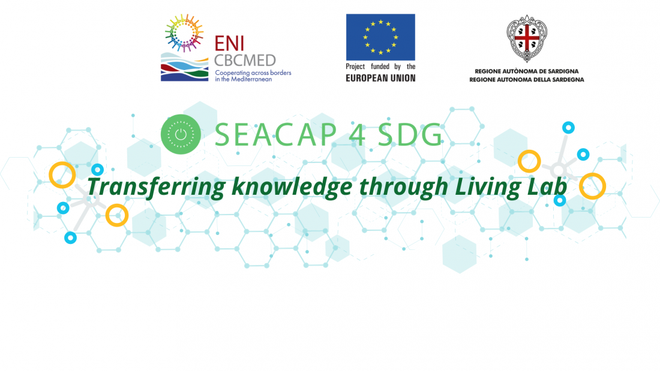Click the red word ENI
click(229, 43)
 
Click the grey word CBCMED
click(245, 61)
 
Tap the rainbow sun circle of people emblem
click(184, 32)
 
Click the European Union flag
click(380, 37)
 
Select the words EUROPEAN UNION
click(380, 78)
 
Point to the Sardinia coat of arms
click(527, 38)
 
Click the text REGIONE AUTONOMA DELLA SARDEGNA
click(527, 80)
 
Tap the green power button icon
click(181, 134)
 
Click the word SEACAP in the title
click(276, 135)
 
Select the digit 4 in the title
click(358, 135)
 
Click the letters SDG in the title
click(410, 135)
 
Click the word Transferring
click(156, 187)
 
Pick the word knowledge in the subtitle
click(292, 187)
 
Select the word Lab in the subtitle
click(547, 186)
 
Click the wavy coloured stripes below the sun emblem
click(184, 67)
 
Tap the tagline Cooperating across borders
click(253, 73)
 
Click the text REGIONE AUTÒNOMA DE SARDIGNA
click(527, 71)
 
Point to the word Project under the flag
click(355, 67)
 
